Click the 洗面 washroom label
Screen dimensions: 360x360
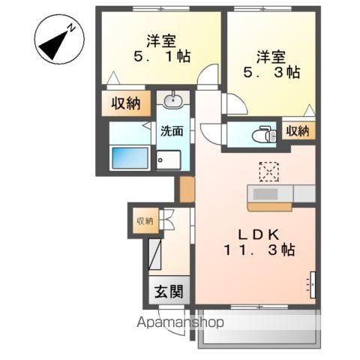pyautogui.click(x=172, y=131)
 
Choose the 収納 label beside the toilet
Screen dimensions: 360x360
pyautogui.click(x=298, y=131)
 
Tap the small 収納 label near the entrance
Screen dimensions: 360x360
pyautogui.click(x=144, y=220)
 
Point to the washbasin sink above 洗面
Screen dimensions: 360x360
pyautogui.click(x=172, y=100)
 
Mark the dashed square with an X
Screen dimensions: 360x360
pyautogui.click(x=268, y=171)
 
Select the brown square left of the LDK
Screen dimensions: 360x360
pyautogui.click(x=185, y=189)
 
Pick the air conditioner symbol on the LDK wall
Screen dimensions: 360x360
pyautogui.click(x=311, y=284)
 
